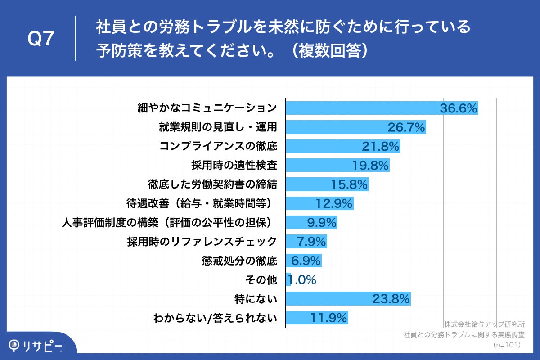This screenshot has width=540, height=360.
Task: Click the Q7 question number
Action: tap(41, 40)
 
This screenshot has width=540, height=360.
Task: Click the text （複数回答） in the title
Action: tap(328, 51)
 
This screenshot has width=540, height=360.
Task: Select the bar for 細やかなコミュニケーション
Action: tap(382, 108)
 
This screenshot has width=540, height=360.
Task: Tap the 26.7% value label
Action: tap(406, 128)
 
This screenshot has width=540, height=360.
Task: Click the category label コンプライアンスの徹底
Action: tap(218, 147)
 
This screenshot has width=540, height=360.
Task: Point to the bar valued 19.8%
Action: tap(337, 166)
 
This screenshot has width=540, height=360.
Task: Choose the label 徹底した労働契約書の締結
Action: tap(212, 184)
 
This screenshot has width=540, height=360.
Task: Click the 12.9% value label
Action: tap(333, 204)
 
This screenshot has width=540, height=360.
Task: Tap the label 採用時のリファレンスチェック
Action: tap(202, 242)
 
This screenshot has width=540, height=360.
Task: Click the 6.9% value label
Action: tap(306, 261)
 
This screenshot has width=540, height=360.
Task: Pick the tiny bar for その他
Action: tap(288, 280)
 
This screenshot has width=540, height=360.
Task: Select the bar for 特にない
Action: tap(348, 299)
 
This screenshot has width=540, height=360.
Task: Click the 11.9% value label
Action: tap(329, 318)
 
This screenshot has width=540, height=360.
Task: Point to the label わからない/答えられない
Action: tap(215, 318)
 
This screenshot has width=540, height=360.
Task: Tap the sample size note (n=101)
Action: tap(507, 345)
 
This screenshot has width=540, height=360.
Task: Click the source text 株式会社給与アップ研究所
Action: tap(484, 324)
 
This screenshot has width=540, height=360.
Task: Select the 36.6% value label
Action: tap(458, 108)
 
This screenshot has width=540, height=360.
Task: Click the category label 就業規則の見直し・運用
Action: tap(218, 127)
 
